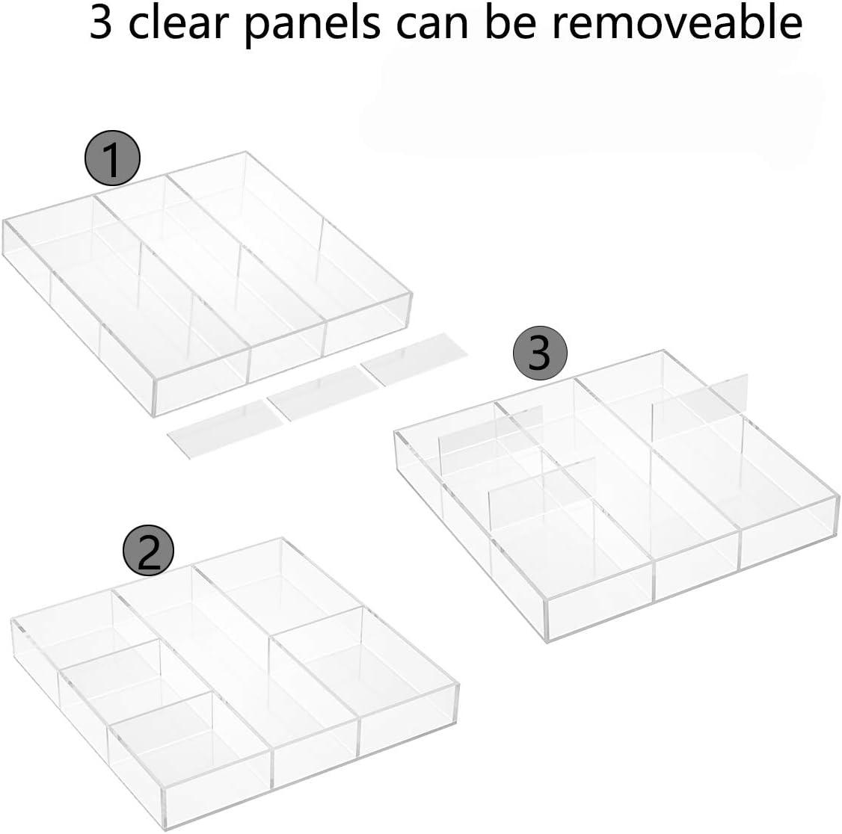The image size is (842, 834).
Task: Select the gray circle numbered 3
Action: coord(541,353)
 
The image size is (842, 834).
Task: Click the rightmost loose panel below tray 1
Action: coord(414,362)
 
